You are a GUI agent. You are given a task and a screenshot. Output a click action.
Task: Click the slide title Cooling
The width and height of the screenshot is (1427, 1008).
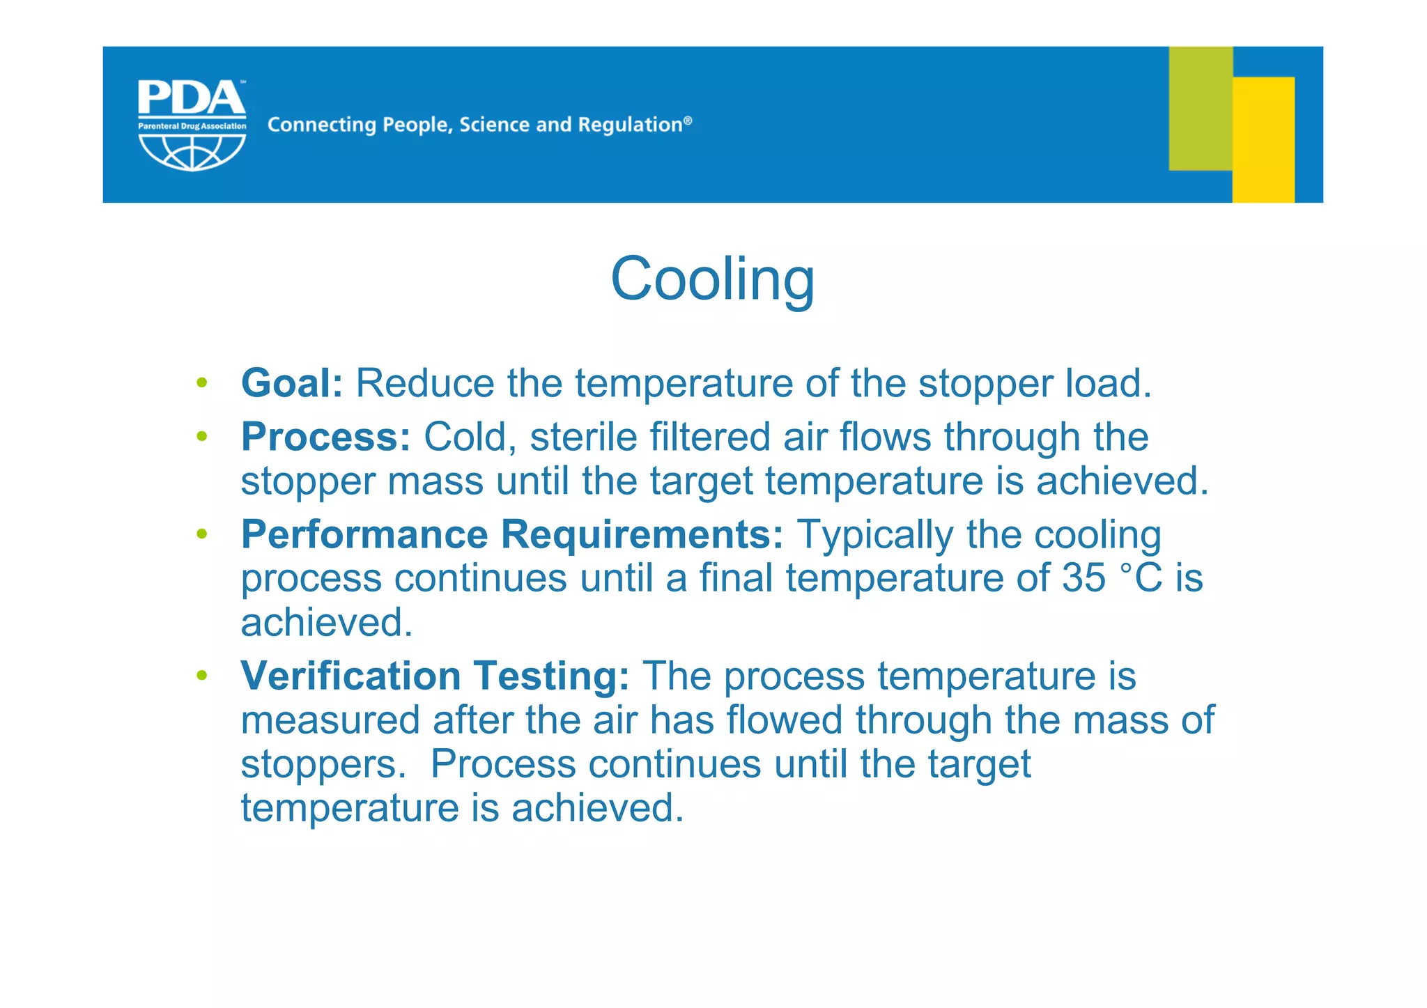tap(712, 279)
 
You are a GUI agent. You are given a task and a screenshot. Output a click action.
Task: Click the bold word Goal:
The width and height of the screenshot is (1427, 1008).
tap(292, 383)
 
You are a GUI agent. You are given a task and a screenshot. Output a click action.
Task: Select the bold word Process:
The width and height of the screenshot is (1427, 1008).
tap(325, 437)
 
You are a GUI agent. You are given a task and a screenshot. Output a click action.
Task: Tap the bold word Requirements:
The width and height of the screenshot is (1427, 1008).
tap(642, 535)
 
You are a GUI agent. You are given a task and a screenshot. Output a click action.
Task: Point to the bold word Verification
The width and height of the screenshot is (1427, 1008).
tap(350, 676)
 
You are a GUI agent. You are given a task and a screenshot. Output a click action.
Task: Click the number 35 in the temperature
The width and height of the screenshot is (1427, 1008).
tap(1083, 578)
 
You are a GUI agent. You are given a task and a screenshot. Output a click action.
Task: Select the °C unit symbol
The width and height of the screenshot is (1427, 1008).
tap(1141, 578)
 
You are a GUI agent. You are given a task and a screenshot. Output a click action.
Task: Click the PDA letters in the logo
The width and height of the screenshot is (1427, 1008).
tap(191, 98)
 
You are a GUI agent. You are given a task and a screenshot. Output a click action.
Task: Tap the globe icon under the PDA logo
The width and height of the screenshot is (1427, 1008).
tap(192, 152)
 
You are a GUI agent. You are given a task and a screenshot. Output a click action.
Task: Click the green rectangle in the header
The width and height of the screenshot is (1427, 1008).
tap(1200, 108)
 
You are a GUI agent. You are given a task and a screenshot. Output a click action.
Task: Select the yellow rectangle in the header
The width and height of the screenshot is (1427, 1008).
tap(1263, 139)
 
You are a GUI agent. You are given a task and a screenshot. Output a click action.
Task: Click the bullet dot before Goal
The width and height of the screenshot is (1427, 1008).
tap(202, 382)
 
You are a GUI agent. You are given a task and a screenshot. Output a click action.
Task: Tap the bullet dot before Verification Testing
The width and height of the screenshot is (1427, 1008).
tap(202, 675)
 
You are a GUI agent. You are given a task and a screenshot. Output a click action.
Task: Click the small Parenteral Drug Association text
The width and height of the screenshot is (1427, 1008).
tap(192, 126)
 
